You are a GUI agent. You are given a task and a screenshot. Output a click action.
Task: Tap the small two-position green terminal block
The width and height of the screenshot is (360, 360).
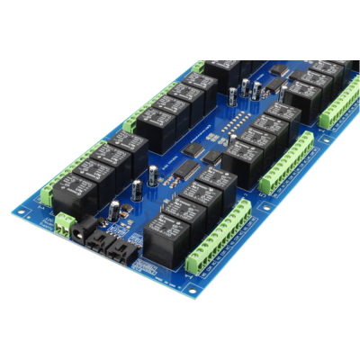tap(62, 223)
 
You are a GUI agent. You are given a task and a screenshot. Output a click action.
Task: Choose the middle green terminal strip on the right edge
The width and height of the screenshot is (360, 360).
tap(287, 162)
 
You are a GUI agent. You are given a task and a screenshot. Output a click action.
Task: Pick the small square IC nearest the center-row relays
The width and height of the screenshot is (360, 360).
tap(212, 157)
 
